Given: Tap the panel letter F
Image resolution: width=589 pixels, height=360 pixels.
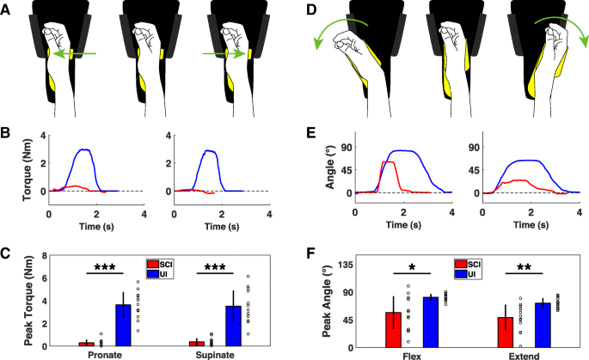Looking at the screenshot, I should pos(311,255).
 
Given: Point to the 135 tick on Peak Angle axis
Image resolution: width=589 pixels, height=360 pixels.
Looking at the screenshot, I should pos(349,265).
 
